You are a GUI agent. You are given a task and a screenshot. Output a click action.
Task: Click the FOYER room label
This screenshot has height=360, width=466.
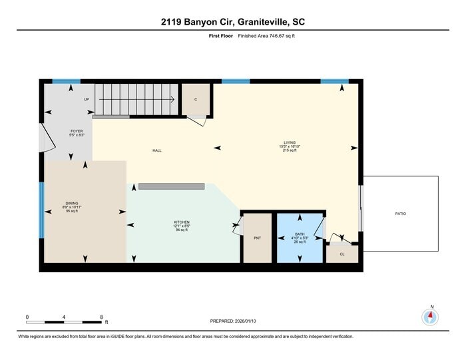77,131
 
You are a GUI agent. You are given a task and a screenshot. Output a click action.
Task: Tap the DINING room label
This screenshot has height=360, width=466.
72,204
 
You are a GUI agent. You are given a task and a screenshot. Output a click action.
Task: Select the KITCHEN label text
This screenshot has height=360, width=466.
182,222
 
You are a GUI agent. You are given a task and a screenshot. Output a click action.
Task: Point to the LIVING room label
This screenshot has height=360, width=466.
289,142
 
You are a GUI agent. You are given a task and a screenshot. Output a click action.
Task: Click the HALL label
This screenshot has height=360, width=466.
157,150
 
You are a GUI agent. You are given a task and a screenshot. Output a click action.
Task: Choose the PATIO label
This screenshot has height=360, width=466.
400,214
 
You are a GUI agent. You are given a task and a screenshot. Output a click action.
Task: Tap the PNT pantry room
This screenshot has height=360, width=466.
256,238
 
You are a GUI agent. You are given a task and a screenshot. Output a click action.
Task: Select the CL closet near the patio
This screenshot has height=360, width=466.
342,254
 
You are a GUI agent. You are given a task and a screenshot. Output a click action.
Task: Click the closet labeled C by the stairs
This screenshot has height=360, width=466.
196,99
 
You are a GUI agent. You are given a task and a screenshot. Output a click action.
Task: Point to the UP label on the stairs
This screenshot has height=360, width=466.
87,99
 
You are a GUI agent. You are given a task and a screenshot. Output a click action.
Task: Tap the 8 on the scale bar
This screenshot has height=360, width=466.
101,317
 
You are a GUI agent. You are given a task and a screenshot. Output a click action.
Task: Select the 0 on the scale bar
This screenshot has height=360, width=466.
27,317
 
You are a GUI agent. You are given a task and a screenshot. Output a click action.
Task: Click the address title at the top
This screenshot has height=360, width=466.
233,22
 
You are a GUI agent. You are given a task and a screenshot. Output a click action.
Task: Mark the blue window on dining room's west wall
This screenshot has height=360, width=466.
41,211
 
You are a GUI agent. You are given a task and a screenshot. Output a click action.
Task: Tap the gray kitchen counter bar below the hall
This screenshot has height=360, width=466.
171,186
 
